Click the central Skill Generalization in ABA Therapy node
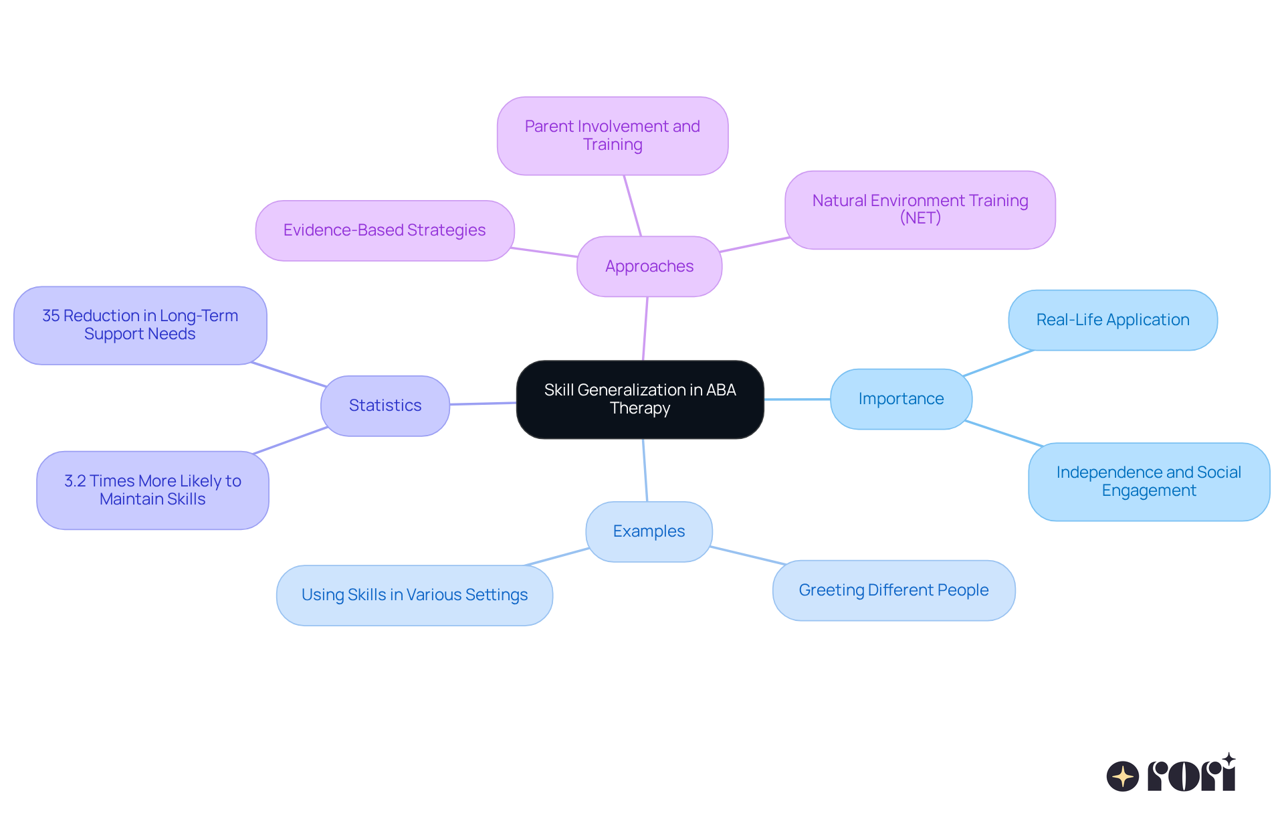[640, 399]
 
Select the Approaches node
[649, 266]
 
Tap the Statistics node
[385, 405]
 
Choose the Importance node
[901, 399]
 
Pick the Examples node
[649, 531]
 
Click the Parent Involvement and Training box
[612, 136]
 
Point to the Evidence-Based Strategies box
[385, 230]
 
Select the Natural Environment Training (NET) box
[920, 209]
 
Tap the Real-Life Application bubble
[1112, 320]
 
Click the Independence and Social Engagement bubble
[1148, 482]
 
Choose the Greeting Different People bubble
[893, 590]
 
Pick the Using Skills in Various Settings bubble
[415, 595]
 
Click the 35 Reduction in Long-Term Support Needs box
[140, 325]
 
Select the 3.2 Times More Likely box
[152, 490]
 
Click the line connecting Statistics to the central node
[483, 403]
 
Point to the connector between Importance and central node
[797, 399]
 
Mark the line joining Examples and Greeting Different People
[747, 555]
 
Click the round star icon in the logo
[1122, 776]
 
